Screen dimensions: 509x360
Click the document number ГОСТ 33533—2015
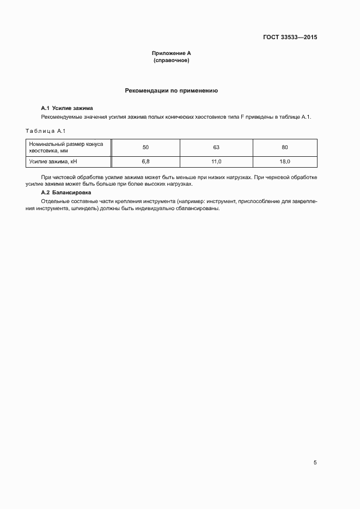pyautogui.click(x=290, y=38)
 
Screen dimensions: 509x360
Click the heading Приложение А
pyautogui.click(x=171, y=53)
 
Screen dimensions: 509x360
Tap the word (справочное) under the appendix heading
pyautogui.click(x=171, y=60)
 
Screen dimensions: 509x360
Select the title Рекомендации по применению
pyautogui.click(x=172, y=90)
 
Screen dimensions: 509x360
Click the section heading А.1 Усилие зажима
pyautogui.click(x=67, y=108)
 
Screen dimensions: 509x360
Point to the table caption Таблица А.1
pyautogui.click(x=46, y=131)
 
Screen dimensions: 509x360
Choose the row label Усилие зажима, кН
pyautogui.click(x=50, y=162)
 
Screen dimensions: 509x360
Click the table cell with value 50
pyautogui.click(x=145, y=148)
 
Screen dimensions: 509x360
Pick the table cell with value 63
pyautogui.click(x=216, y=148)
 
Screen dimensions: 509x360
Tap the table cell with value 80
pyautogui.click(x=284, y=148)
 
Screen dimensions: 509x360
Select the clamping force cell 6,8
pyautogui.click(x=145, y=162)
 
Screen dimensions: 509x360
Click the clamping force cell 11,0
pyautogui.click(x=216, y=162)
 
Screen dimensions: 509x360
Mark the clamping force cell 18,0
pyautogui.click(x=284, y=162)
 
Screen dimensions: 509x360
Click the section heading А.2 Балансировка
pyautogui.click(x=66, y=193)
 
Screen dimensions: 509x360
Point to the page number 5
pyautogui.click(x=315, y=463)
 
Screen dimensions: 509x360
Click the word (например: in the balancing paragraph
pyautogui.click(x=185, y=201)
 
